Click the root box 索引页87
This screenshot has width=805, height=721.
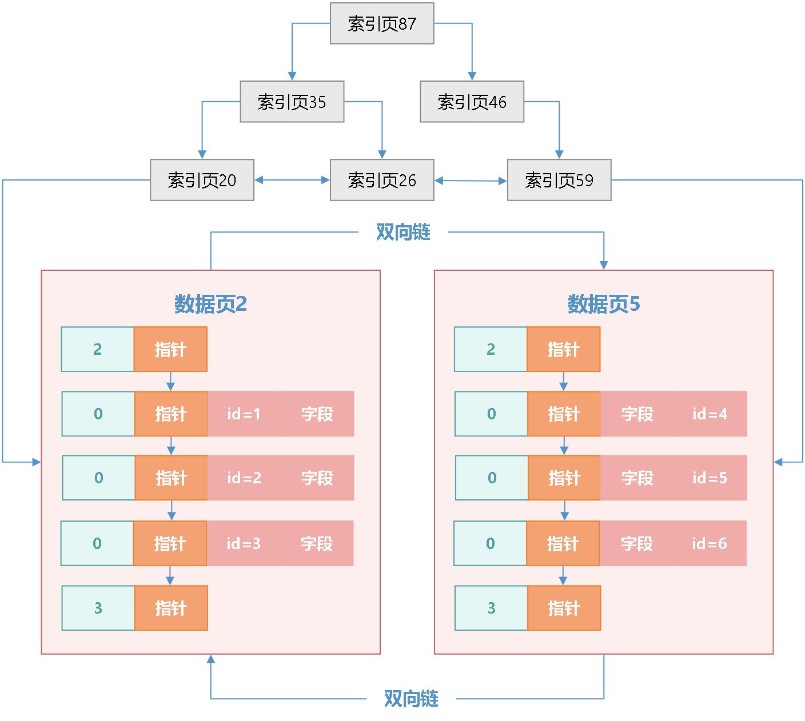382,23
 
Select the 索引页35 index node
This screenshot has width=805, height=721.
292,102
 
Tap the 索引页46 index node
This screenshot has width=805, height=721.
472,102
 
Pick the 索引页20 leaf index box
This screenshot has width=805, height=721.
202,180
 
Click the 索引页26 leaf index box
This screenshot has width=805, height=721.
382,180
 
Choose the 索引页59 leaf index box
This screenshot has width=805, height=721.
559,180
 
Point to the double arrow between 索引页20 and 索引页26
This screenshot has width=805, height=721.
292,180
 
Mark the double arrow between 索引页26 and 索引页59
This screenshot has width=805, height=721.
471,181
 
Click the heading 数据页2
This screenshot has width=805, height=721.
210,304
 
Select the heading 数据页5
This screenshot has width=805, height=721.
604,304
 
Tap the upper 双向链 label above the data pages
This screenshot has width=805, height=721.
403,232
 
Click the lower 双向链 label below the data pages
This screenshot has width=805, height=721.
411,698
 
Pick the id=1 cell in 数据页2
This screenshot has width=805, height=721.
244,414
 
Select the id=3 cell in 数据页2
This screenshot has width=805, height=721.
244,543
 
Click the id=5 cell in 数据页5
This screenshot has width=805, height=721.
710,478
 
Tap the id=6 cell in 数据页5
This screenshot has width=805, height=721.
710,543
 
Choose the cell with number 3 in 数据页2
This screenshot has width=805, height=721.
98,608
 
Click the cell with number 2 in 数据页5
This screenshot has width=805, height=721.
491,349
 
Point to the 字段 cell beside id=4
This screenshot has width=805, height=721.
637,414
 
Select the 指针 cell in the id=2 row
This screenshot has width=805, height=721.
172,478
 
